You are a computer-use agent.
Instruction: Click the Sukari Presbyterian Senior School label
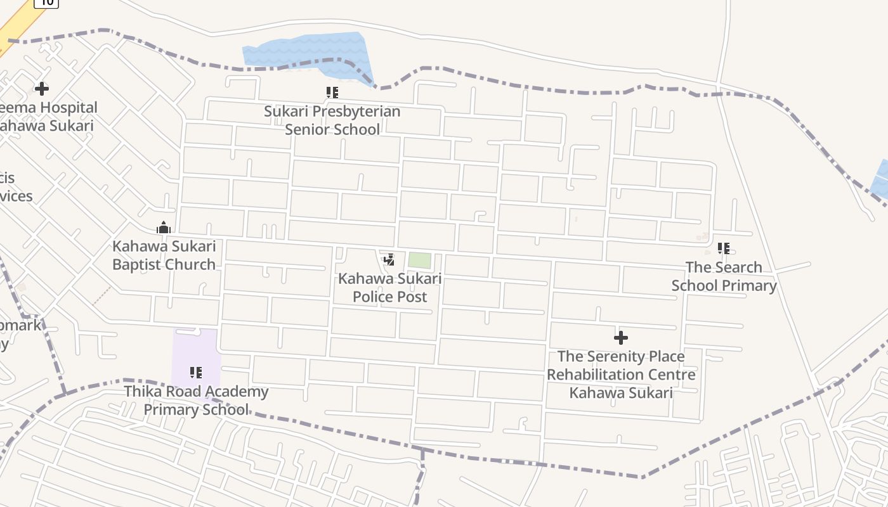(332, 120)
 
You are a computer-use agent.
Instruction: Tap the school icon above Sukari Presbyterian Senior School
(332, 93)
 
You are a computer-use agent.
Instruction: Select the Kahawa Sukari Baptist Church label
(164, 255)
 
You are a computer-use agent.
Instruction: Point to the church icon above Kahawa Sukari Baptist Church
(164, 228)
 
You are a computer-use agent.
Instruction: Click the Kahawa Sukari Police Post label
(389, 287)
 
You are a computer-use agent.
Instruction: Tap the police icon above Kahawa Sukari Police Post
(389, 260)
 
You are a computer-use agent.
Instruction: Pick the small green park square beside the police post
(419, 260)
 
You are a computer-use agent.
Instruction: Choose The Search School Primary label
(724, 276)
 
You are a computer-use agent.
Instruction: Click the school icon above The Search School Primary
(724, 248)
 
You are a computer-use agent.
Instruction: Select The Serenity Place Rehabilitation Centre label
(621, 374)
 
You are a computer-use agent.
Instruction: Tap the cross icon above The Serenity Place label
(621, 338)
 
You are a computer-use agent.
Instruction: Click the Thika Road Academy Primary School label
(196, 401)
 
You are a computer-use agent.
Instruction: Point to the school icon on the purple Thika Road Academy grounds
(196, 373)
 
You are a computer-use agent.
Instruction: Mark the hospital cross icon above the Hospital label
(42, 89)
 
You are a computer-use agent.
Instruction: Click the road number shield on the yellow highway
(46, 3)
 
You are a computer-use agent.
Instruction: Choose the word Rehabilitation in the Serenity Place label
(621, 375)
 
